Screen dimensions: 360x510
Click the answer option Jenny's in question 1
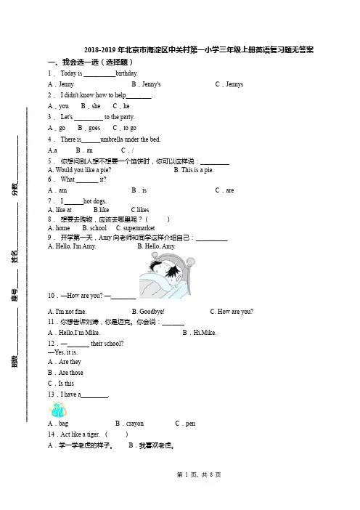[152, 84]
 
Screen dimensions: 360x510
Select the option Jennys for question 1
[234, 84]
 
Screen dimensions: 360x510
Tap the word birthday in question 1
[126, 73]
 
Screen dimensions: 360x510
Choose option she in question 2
[97, 106]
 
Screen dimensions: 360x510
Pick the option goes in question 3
[94, 128]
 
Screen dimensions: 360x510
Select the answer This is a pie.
[197, 170]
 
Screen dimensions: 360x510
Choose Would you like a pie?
[83, 170]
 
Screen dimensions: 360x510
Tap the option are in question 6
[229, 190]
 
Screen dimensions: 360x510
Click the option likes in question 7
[143, 210]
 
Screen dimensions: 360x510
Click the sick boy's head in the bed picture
[164, 270]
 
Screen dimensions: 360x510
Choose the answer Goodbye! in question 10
[152, 312]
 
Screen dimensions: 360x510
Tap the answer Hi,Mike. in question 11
[205, 333]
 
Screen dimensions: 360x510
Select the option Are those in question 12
[71, 373]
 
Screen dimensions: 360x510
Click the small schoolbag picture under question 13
[58, 409]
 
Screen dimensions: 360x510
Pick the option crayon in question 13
[135, 424]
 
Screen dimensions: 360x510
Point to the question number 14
[51, 434]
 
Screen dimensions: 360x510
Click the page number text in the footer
[199, 475]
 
